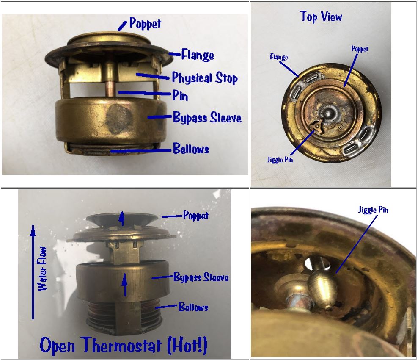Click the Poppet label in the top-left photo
(x=145, y=23)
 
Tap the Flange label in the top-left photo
(x=197, y=55)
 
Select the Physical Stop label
(x=204, y=78)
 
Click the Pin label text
(x=180, y=95)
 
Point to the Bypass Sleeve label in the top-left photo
(x=207, y=117)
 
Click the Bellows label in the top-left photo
(x=191, y=149)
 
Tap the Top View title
(x=321, y=17)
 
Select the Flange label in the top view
(x=279, y=57)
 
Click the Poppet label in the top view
(x=360, y=49)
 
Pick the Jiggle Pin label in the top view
(x=280, y=160)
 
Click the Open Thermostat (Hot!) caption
(x=124, y=345)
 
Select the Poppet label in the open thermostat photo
(x=195, y=216)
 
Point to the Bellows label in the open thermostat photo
(x=193, y=307)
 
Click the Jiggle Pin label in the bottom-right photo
(x=373, y=210)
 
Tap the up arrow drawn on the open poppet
(x=122, y=219)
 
